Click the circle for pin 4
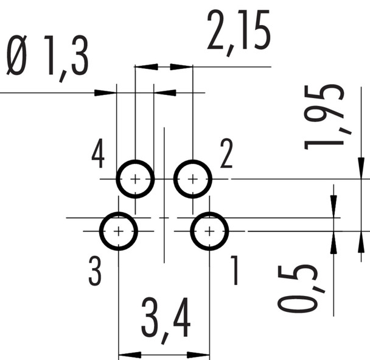[135, 179]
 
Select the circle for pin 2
[193, 179]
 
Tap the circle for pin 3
[119, 231]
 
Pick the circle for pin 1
[209, 231]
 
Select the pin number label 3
[94, 272]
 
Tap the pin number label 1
[234, 272]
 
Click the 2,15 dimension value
[238, 32]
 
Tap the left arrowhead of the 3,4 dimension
[125, 355]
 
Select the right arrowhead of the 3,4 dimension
[203, 355]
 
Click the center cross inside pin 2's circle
[193, 179]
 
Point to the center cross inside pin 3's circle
[119, 231]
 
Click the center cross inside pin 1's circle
[209, 231]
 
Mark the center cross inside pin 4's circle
[135, 179]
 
